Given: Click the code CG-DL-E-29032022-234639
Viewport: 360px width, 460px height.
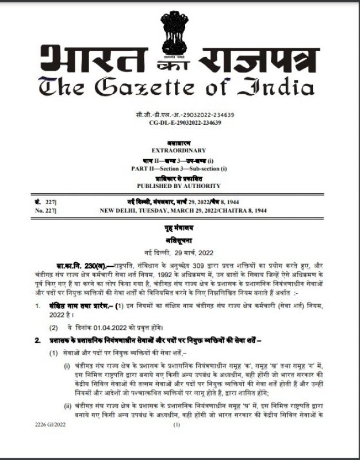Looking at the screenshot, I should coord(180,122).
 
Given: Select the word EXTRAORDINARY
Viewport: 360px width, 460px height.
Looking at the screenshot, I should coord(180,150).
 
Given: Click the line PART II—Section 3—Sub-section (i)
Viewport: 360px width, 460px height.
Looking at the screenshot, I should coord(180,168).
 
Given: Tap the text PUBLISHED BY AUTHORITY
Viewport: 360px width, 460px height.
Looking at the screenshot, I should coord(180,186).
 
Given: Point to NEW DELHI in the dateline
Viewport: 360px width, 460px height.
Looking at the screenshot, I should coord(118,211).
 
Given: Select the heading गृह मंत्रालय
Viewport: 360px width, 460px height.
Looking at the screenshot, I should coord(180,229).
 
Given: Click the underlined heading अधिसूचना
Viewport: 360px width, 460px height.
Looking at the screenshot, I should coord(180,241).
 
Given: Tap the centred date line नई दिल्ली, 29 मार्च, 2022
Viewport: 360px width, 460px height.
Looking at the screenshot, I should coord(180,254).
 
